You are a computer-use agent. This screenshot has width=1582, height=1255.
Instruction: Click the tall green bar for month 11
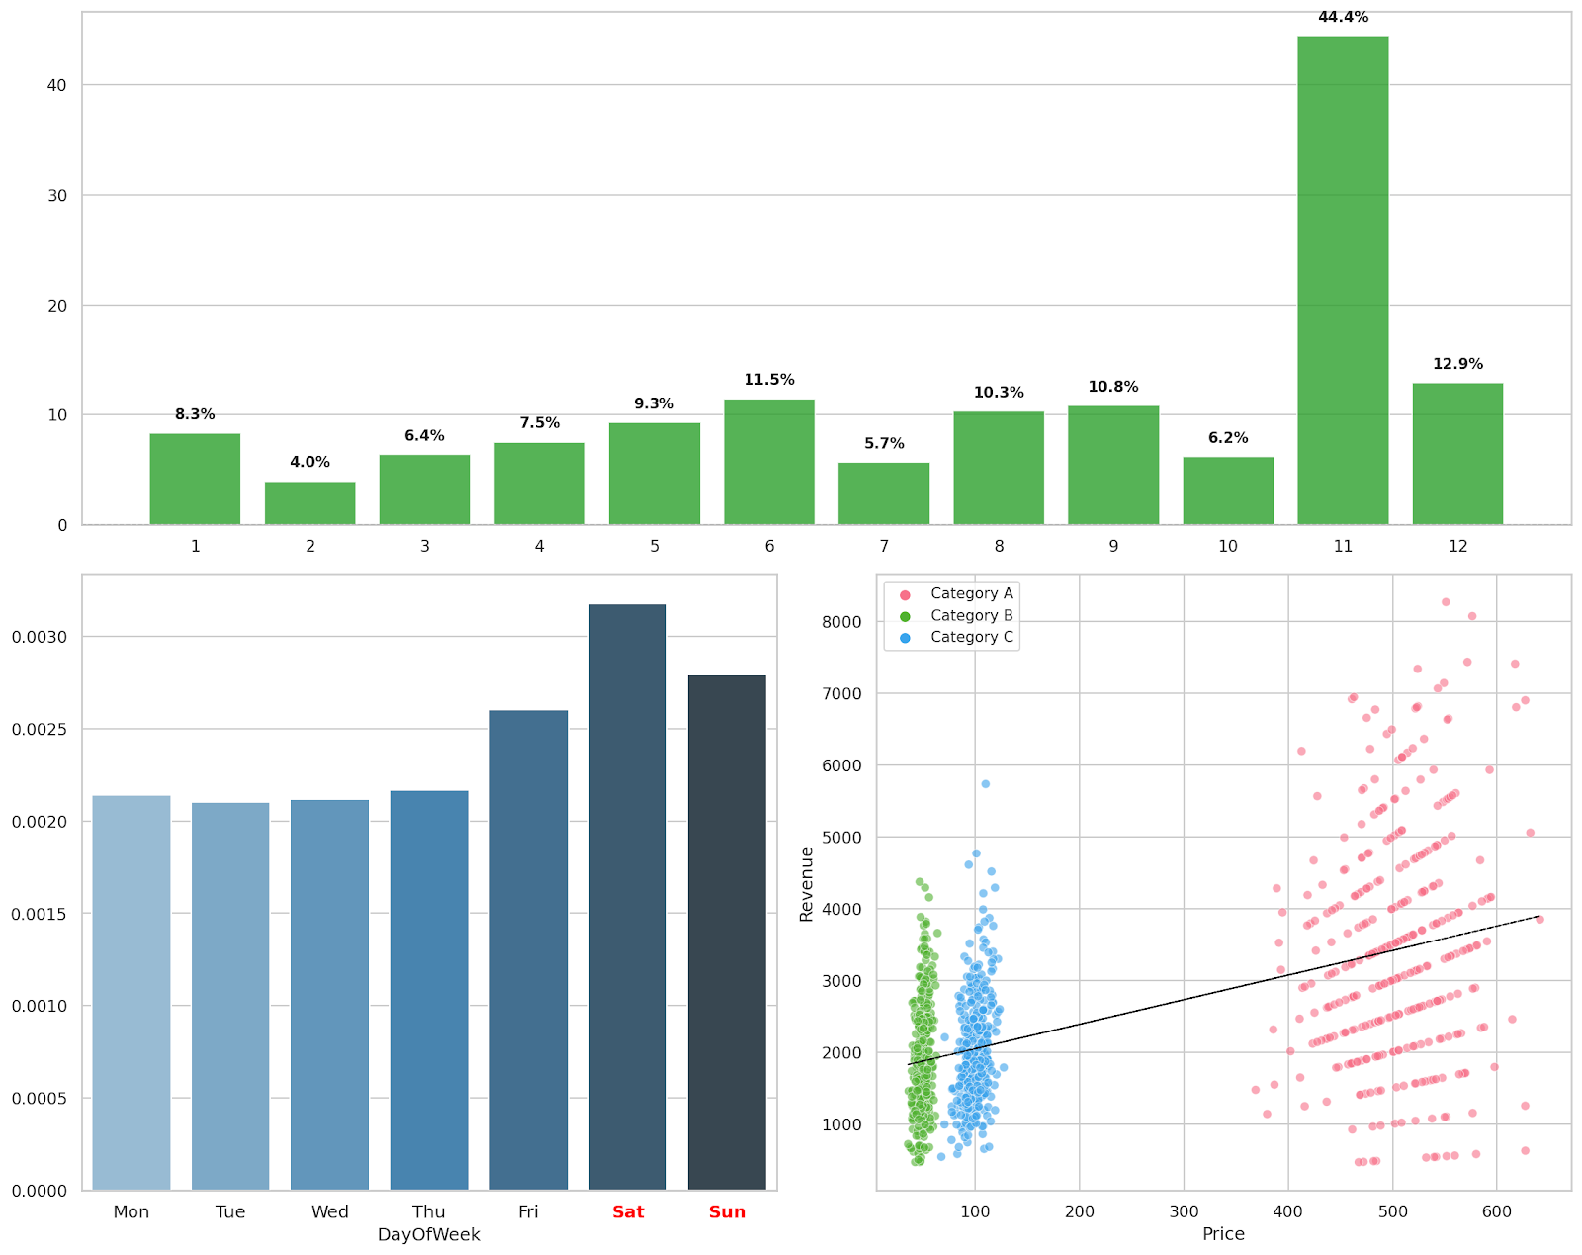tap(1342, 280)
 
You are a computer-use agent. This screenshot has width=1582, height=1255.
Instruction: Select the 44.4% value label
tap(1343, 17)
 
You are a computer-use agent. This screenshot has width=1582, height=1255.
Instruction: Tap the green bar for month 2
tap(309, 503)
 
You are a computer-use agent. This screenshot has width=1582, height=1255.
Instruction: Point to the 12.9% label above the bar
tap(1457, 364)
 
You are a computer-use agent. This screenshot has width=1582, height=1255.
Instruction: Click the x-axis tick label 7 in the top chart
tap(884, 546)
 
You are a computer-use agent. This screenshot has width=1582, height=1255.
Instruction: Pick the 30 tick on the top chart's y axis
tap(56, 196)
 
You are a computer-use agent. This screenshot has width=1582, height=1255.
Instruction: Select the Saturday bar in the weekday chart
tap(627, 897)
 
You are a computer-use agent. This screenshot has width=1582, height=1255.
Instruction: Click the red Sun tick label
tap(727, 1211)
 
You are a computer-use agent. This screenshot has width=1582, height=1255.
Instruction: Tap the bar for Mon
tap(132, 993)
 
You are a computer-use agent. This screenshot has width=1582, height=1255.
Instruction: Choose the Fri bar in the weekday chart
tap(528, 949)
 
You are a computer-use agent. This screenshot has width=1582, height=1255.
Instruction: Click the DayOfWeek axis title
tap(428, 1234)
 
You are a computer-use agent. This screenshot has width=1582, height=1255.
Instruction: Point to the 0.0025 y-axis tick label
tap(40, 729)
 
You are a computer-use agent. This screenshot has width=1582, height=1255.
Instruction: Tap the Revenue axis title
tap(807, 884)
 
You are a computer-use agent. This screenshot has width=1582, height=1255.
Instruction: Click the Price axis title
tap(1223, 1234)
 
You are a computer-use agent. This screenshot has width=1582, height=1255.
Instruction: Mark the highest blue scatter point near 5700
tap(985, 784)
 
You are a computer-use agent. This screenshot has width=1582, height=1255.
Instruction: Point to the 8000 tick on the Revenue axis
tap(840, 622)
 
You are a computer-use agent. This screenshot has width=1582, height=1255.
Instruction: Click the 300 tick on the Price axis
tap(1184, 1211)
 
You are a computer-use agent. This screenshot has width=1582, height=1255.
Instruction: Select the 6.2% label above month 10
tap(1228, 438)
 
